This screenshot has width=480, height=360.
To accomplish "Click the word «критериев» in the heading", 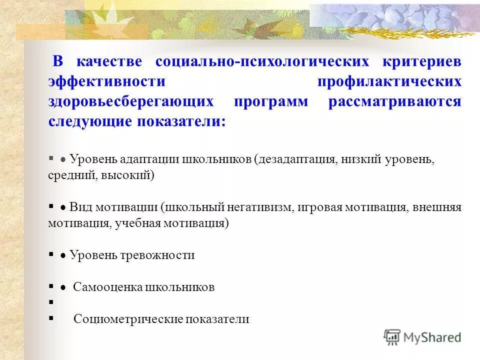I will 422,62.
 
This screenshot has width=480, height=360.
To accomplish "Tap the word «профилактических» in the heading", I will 389,82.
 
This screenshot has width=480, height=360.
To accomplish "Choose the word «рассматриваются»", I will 395,101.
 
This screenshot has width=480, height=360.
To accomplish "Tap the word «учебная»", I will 137,223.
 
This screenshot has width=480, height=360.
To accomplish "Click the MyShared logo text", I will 432,337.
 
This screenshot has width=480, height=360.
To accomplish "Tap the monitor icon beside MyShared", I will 392,337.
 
